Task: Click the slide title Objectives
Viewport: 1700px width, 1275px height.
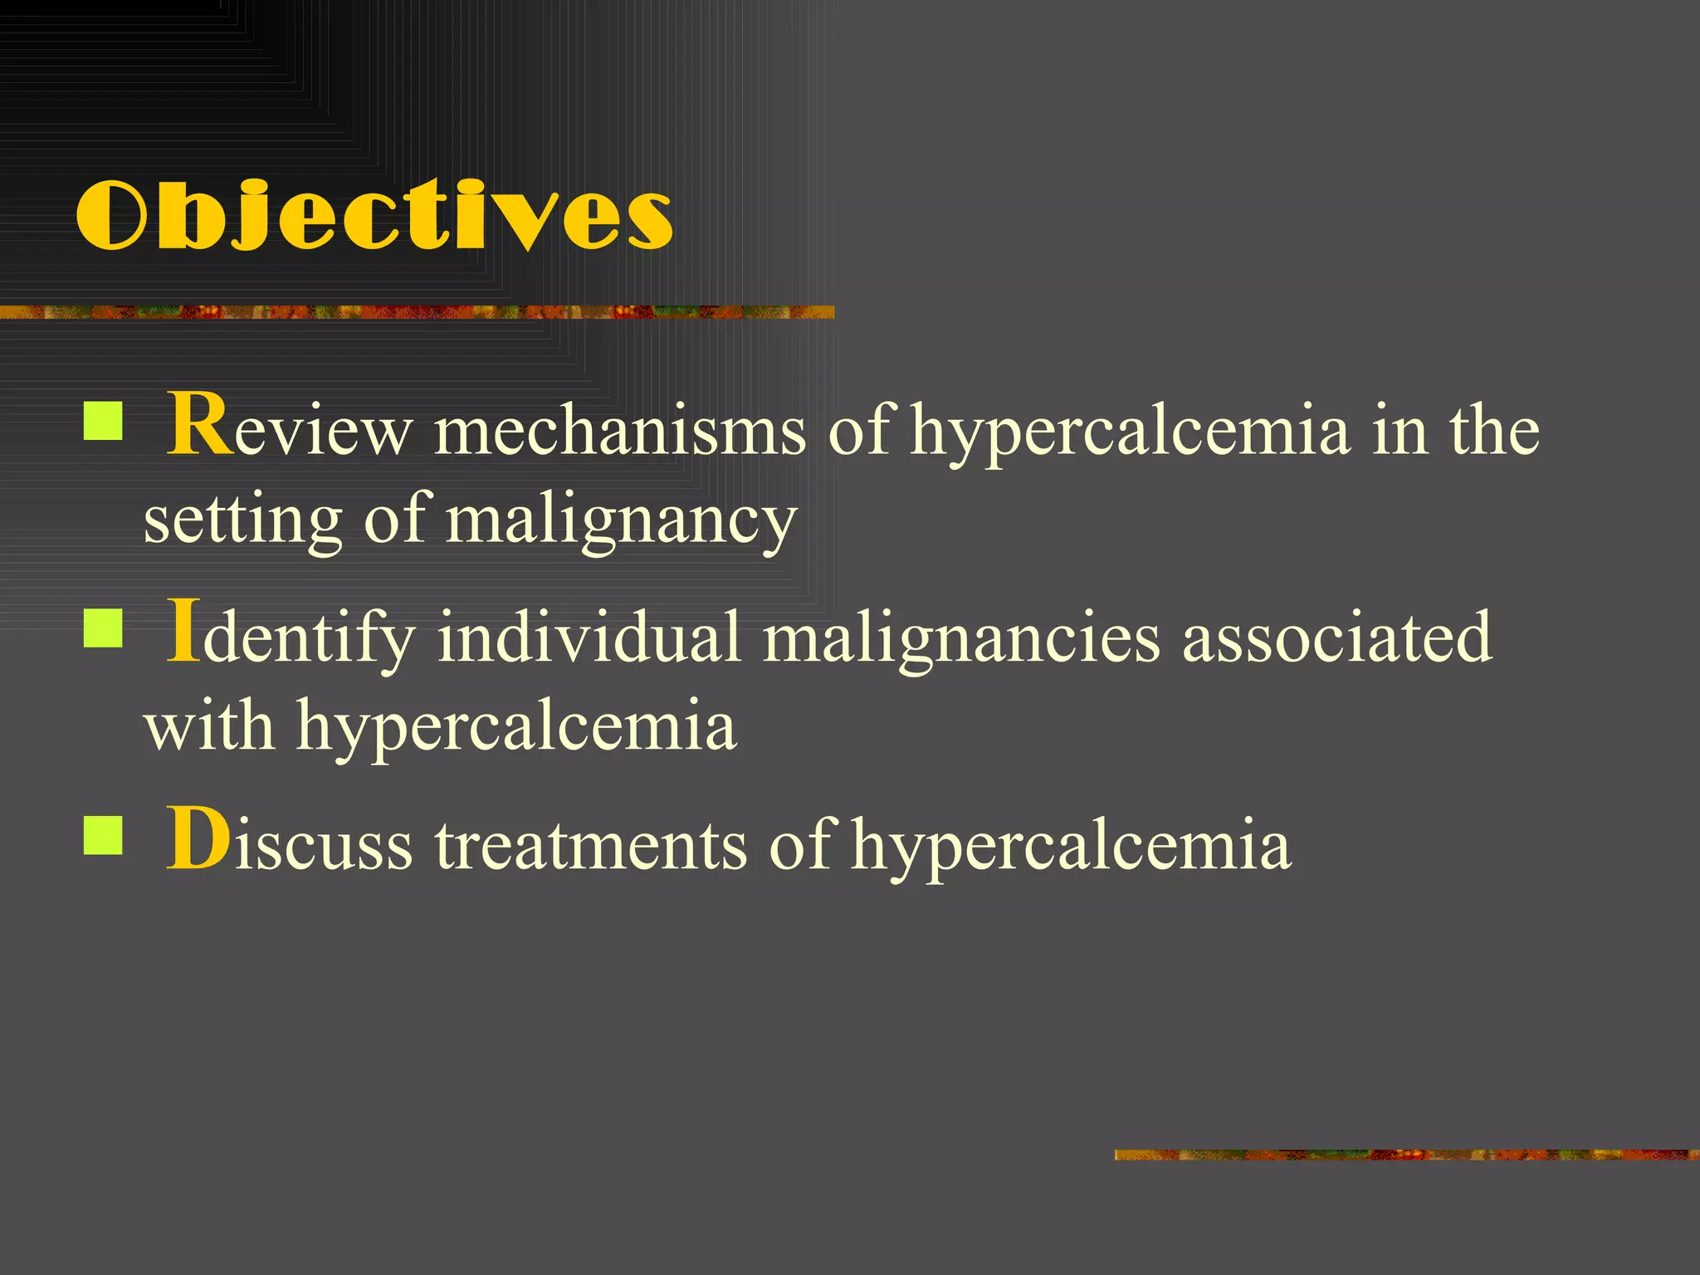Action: pos(374,216)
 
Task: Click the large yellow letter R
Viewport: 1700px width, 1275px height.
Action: pos(199,425)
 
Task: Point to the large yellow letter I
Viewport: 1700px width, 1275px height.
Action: pos(183,632)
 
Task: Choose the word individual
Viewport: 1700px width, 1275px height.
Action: pos(589,637)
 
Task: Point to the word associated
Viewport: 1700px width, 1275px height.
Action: pos(1336,637)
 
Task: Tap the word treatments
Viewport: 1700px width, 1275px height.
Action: pos(591,845)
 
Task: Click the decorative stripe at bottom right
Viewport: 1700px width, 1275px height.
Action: pos(1406,1155)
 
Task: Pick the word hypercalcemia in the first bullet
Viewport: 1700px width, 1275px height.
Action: pos(1130,432)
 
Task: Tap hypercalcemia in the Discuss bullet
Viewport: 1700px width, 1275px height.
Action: pos(1071,845)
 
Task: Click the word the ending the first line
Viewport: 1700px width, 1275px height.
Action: pos(1494,432)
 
